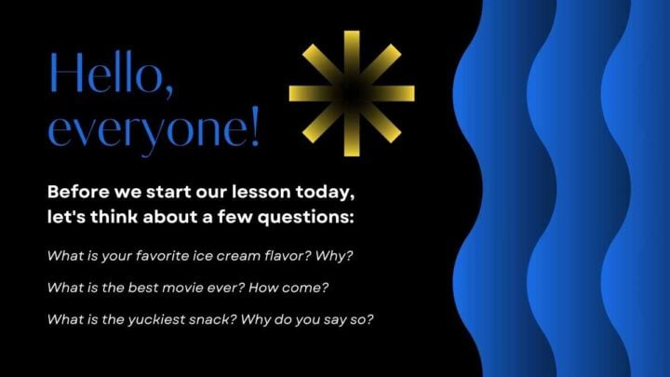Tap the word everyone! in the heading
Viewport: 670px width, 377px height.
(x=154, y=130)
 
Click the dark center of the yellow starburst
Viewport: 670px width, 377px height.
(x=351, y=93)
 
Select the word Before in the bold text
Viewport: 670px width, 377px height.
(x=77, y=195)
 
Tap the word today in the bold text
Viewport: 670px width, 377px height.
(x=326, y=195)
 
